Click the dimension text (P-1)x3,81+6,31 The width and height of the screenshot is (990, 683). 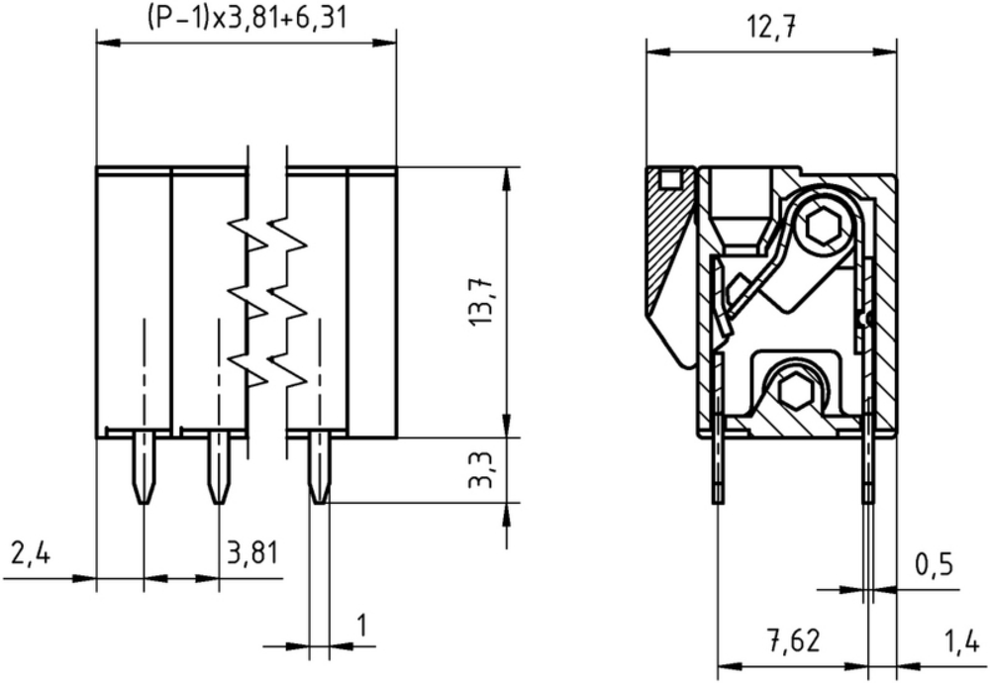(247, 17)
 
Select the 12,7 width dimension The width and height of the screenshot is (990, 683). (771, 28)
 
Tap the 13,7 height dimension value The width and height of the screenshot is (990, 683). (481, 302)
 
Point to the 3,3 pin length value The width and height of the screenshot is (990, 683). (481, 470)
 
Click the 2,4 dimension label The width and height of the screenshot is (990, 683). (31, 553)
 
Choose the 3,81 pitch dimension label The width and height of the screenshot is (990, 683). (251, 553)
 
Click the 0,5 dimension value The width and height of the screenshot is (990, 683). (934, 565)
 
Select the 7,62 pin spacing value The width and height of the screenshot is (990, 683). (794, 640)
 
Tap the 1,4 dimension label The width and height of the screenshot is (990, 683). (963, 640)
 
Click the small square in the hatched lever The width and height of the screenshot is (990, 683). (670, 180)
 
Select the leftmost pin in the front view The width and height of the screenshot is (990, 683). (145, 467)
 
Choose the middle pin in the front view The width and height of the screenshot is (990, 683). (219, 467)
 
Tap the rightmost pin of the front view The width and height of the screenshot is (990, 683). (320, 467)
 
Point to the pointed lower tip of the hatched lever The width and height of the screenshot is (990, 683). (687, 367)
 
